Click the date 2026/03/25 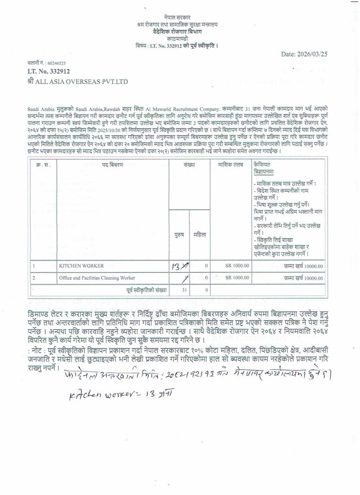pos(304,54)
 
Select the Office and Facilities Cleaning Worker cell pos(97,278)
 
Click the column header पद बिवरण pos(113,165)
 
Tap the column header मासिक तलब pos(231,165)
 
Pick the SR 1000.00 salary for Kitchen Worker pos(237,265)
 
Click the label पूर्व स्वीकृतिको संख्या pos(144,290)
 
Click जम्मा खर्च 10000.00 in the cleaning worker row pos(303,278)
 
